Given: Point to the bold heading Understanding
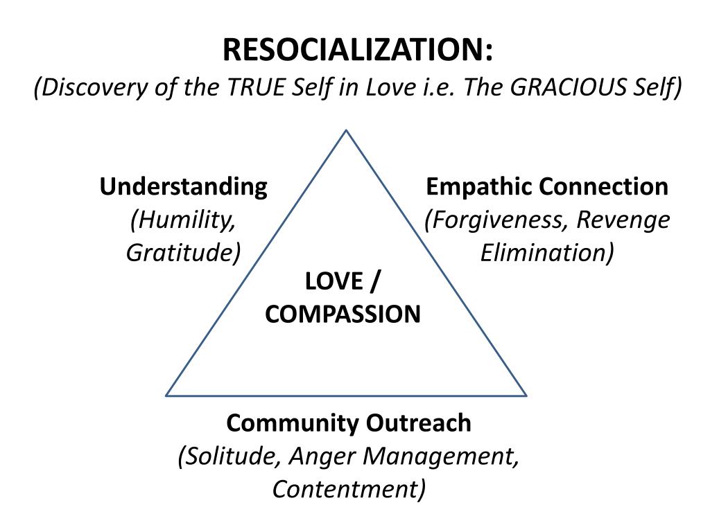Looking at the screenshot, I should pyautogui.click(x=183, y=187).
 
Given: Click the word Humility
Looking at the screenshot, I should pyautogui.click(x=182, y=220).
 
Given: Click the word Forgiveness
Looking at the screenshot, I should pyautogui.click(x=498, y=220).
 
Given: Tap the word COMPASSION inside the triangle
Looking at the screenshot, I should pyautogui.click(x=343, y=314).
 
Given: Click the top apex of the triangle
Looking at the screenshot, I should pyautogui.click(x=346, y=130).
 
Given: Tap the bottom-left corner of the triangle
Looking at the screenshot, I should pyautogui.click(x=166, y=396).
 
